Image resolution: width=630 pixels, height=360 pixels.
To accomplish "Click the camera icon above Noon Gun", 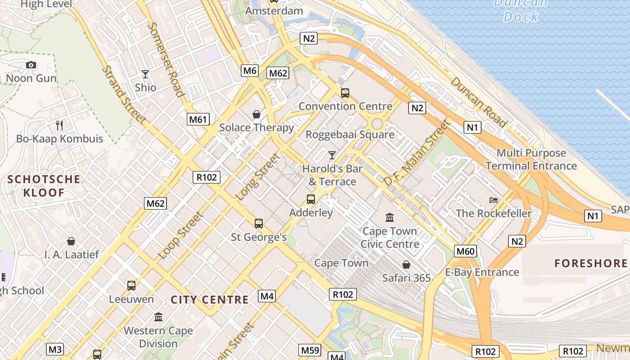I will point(31,65).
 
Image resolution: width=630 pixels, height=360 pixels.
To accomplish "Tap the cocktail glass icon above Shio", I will point(145,74).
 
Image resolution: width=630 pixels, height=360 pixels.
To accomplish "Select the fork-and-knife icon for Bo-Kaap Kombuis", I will point(59,125).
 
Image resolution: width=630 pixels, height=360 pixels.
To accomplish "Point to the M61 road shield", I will point(198,119).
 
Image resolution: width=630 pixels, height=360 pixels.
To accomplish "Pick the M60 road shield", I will point(465,251).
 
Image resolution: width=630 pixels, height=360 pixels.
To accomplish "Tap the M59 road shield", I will point(310,350).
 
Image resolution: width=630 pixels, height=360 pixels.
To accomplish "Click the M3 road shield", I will point(55,349).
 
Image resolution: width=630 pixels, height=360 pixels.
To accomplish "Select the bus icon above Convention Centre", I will point(345,93).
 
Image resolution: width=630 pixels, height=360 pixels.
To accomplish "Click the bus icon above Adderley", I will point(310,199).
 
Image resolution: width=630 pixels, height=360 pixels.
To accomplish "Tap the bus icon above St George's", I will point(258,224).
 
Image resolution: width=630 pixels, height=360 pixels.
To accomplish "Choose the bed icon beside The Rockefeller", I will point(494,200).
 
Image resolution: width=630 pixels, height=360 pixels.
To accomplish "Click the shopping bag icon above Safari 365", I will point(406,265).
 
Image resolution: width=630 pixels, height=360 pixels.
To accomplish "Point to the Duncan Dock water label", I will point(521,10).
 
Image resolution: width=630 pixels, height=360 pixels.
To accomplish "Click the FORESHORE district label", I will point(591,263).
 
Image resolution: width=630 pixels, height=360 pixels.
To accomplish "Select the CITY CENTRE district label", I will point(210,300).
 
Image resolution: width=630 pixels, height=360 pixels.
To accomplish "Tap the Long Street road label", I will point(258,177).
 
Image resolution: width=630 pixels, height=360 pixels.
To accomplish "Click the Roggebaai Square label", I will point(350,134).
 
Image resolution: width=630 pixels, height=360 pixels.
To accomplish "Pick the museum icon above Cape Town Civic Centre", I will point(390,218).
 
